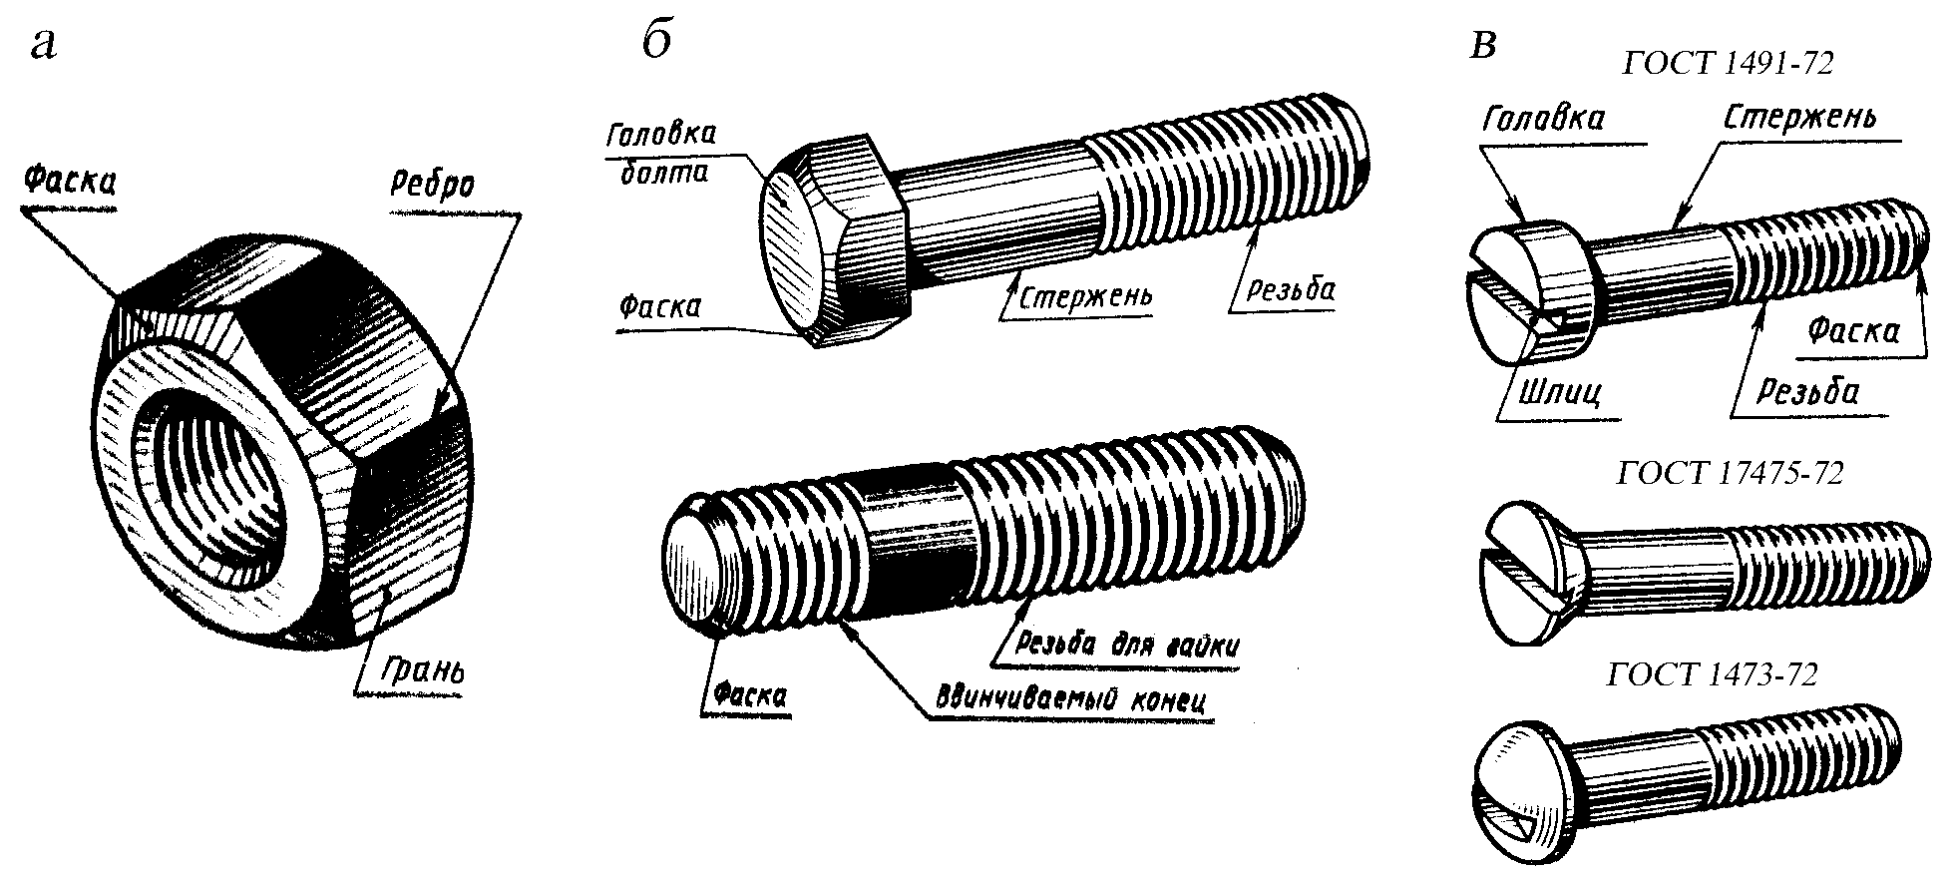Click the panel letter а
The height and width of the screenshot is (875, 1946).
tap(44, 45)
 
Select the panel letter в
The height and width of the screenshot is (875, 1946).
tap(1484, 46)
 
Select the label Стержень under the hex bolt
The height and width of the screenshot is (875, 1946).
tap(1083, 295)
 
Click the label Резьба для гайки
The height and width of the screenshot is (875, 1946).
tap(1126, 644)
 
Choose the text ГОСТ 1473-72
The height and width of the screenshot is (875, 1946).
tap(1713, 674)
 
